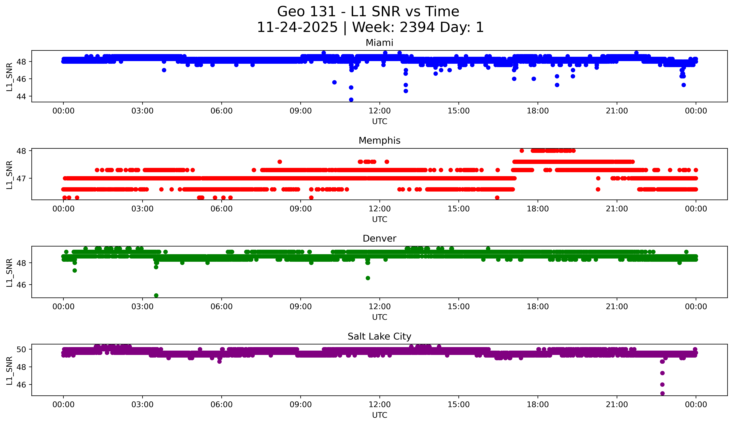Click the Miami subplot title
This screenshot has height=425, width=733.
tap(379, 43)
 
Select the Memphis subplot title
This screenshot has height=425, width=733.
tap(379, 141)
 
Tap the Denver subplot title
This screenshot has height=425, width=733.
tap(379, 238)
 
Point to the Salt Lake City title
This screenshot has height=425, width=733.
tap(379, 336)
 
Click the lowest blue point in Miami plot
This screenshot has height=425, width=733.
tap(351, 100)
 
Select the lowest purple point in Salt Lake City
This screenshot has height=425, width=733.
tap(662, 393)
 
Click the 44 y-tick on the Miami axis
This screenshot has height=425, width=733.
tap(21, 96)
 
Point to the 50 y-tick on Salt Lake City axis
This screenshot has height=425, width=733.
tap(21, 349)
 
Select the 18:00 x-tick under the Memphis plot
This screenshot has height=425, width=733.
tap(538, 209)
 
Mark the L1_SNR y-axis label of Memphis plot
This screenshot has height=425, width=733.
tap(9, 175)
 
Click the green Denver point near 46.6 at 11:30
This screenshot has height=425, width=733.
tap(368, 278)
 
